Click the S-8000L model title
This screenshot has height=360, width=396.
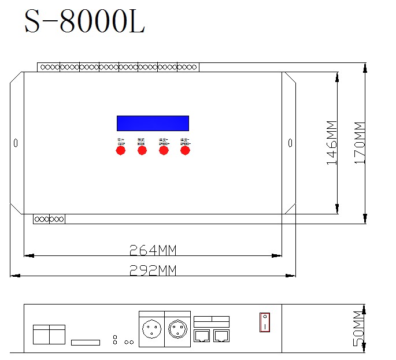tap(84, 23)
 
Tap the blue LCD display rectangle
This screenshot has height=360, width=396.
tap(153, 123)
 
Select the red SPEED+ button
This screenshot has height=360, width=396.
tap(164, 150)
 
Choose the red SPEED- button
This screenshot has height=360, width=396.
tap(185, 150)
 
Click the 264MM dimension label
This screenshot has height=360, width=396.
tap(152, 250)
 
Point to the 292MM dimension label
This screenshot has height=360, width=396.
tap(152, 270)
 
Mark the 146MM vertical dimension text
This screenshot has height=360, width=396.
tap(332, 143)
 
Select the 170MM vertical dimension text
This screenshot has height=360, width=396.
tap(359, 143)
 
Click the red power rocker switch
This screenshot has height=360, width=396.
tap(264, 322)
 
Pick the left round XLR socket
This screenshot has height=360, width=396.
tap(151, 331)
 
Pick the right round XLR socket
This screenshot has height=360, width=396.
tap(177, 331)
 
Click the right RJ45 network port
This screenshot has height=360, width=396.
tap(221, 335)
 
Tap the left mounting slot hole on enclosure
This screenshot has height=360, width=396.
tap(16, 143)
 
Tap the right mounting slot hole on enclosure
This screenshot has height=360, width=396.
tap(290, 143)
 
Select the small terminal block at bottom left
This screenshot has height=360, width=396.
tap(49, 219)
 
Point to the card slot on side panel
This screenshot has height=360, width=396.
tap(86, 342)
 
